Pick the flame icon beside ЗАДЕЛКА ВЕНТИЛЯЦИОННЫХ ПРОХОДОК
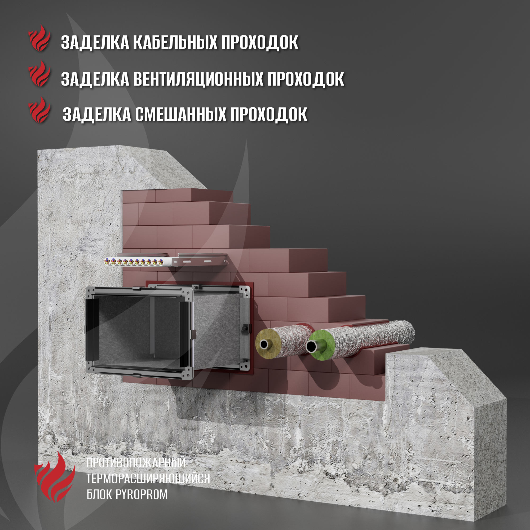(x=39, y=73)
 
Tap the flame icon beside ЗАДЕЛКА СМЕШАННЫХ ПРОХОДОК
(x=39, y=109)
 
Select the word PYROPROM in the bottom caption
(x=142, y=494)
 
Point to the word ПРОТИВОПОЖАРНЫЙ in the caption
(x=136, y=462)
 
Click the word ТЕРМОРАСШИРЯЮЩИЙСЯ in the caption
(x=148, y=478)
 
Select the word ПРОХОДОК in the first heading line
(x=259, y=42)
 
